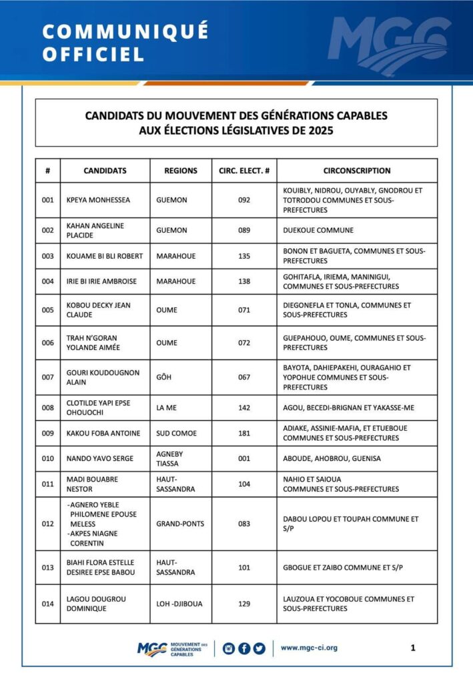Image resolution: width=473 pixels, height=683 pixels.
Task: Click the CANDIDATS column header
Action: click(105, 171)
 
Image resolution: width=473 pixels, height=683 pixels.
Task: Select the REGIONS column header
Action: click(181, 171)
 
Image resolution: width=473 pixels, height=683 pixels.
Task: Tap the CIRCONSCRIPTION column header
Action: click(357, 171)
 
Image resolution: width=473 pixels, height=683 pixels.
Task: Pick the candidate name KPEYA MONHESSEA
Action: click(98, 200)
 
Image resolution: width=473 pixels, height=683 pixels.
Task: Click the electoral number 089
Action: click(244, 230)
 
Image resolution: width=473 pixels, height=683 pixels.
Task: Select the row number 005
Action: click(47, 310)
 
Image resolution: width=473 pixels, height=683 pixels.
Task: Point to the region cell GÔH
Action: click(163, 378)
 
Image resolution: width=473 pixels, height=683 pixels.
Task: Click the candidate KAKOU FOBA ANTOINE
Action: click(103, 434)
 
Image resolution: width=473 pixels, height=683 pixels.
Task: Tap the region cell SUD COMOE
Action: click(176, 434)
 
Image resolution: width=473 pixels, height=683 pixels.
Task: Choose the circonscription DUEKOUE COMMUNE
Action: click(317, 230)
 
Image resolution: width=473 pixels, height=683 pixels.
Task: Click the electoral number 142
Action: click(244, 408)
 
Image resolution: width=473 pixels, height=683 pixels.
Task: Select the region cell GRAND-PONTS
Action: click(180, 524)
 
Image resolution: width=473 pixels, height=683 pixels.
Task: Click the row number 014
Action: click(47, 604)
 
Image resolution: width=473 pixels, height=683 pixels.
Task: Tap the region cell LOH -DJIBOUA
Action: click(179, 604)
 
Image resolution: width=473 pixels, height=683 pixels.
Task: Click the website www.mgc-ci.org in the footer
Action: click(309, 648)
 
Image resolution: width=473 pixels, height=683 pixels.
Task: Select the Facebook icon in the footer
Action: click(244, 648)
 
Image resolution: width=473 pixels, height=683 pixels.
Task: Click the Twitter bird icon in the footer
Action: click(259, 648)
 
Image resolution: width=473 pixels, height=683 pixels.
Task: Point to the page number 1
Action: click(413, 648)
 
